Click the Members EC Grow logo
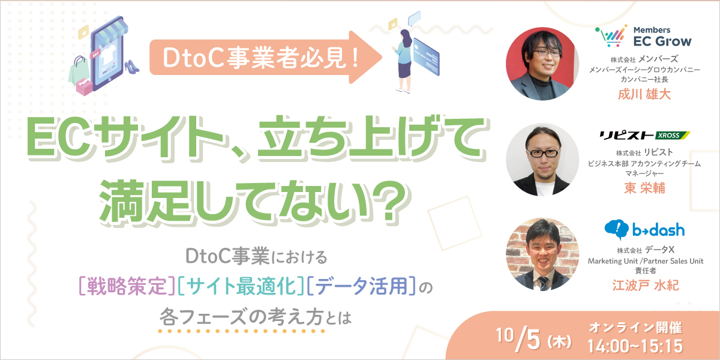[x=643, y=35]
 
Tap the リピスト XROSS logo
[x=644, y=136]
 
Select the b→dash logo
[x=644, y=230]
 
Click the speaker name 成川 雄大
[x=644, y=94]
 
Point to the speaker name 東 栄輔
[x=644, y=188]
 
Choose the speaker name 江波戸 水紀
[x=646, y=285]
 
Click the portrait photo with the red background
[x=542, y=64]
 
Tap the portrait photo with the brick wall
[x=542, y=254]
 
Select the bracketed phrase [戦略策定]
[x=127, y=286]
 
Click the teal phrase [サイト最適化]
[x=241, y=286]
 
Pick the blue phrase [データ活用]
[x=361, y=286]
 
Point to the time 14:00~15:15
[x=635, y=346]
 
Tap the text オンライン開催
[x=635, y=328]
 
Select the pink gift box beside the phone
[x=84, y=87]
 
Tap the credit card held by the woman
[x=425, y=57]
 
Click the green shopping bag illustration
[x=79, y=71]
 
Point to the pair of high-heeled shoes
[x=131, y=66]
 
